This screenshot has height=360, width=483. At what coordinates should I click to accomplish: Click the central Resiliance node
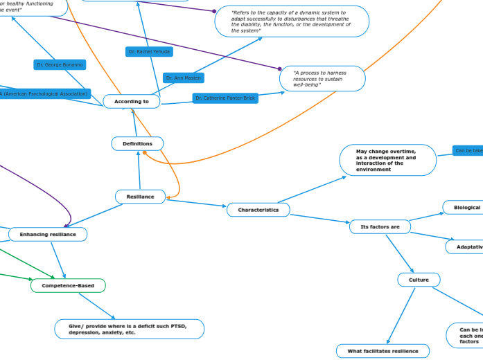click(x=140, y=197)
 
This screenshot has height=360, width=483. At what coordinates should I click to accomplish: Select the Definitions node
click(x=137, y=143)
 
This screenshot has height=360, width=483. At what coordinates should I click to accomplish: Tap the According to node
click(x=132, y=102)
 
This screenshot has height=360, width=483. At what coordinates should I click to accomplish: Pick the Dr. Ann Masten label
click(x=184, y=78)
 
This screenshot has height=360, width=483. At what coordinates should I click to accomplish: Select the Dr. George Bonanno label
click(x=60, y=64)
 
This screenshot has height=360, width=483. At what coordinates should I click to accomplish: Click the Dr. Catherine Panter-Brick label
click(x=225, y=98)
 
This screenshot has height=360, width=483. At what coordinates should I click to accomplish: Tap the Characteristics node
click(x=258, y=209)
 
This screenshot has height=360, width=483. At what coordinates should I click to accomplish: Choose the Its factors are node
click(x=380, y=226)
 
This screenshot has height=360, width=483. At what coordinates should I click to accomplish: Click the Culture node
click(x=419, y=280)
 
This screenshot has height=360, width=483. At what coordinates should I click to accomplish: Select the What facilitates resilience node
click(x=383, y=351)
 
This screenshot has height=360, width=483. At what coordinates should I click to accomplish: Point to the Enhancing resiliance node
click(x=48, y=234)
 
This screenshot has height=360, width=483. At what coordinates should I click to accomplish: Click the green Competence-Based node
click(x=68, y=285)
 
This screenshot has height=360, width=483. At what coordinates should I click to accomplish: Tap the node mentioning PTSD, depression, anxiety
click(x=130, y=329)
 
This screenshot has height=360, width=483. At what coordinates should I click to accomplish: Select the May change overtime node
click(x=387, y=160)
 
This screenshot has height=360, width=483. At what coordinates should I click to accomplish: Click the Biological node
click(x=466, y=207)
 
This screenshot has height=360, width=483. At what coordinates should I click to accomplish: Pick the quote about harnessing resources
click(x=322, y=78)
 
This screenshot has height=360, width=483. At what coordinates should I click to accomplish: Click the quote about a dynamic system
click(x=291, y=21)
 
